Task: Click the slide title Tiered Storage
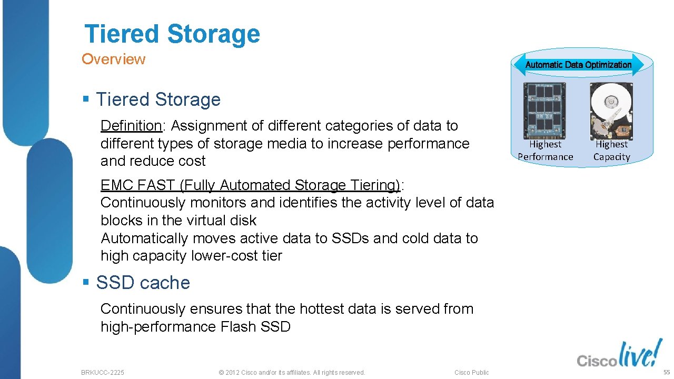tap(172, 34)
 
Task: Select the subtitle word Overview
tap(113, 59)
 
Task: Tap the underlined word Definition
tap(131, 126)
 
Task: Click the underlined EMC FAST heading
tap(250, 185)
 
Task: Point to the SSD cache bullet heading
tap(143, 283)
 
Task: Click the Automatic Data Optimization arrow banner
tap(578, 65)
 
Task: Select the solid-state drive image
tap(544, 110)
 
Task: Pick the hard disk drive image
tap(611, 110)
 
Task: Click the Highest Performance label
tap(545, 151)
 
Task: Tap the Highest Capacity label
tap(611, 151)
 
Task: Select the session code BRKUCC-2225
tap(103, 373)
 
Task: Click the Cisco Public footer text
tap(471, 373)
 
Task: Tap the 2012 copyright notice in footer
tap(291, 373)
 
